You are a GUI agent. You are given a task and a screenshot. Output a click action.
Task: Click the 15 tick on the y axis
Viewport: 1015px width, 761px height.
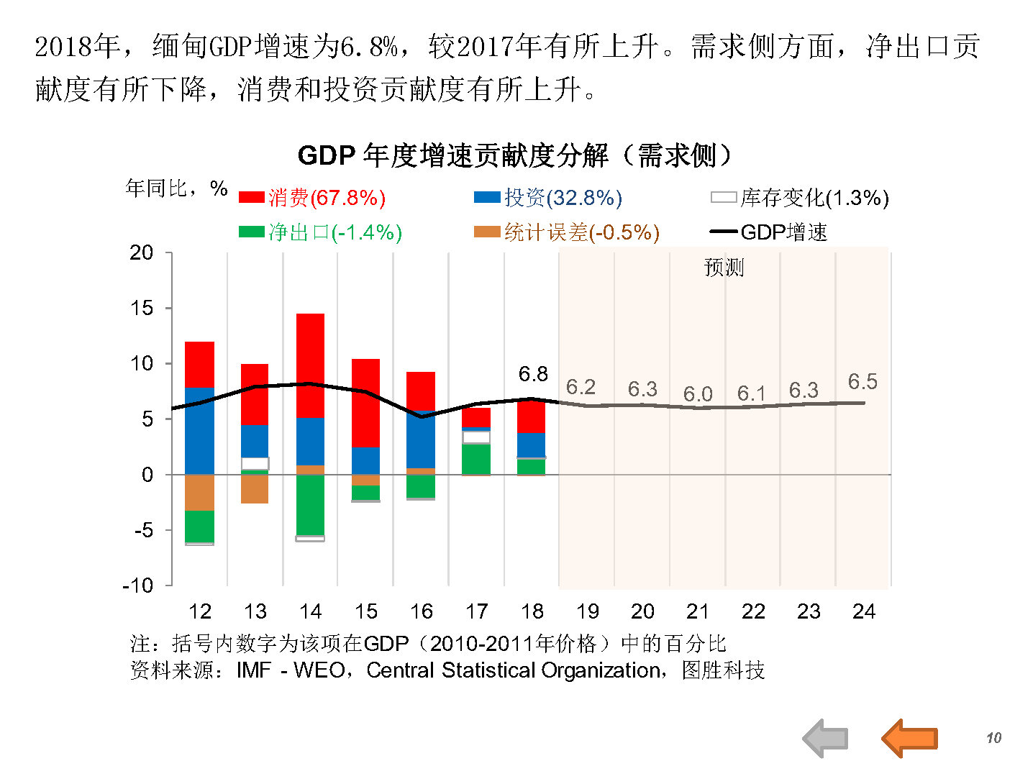(x=142, y=308)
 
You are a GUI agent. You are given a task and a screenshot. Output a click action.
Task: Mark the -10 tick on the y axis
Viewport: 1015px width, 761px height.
(x=138, y=585)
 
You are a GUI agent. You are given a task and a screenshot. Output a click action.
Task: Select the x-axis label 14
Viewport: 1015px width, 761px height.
(x=310, y=611)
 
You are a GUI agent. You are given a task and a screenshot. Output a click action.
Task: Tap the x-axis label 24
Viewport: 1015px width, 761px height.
(x=864, y=611)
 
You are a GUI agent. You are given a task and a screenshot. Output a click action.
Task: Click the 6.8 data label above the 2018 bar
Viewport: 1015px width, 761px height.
(x=533, y=374)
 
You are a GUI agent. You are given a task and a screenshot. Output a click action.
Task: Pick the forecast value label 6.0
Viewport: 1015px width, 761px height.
(x=698, y=394)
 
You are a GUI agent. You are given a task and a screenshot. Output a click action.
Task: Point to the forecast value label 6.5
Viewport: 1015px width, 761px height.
(x=862, y=382)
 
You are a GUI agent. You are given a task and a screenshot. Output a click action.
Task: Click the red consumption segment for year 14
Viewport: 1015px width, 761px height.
(x=310, y=365)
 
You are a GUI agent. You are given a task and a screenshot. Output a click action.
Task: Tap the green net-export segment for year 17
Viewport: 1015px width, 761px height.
(x=476, y=459)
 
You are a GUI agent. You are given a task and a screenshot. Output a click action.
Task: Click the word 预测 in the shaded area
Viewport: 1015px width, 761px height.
(x=724, y=268)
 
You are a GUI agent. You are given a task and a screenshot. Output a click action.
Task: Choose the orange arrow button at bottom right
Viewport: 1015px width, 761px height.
(x=909, y=737)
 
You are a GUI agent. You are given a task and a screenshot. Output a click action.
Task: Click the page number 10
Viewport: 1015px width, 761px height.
(x=993, y=738)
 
